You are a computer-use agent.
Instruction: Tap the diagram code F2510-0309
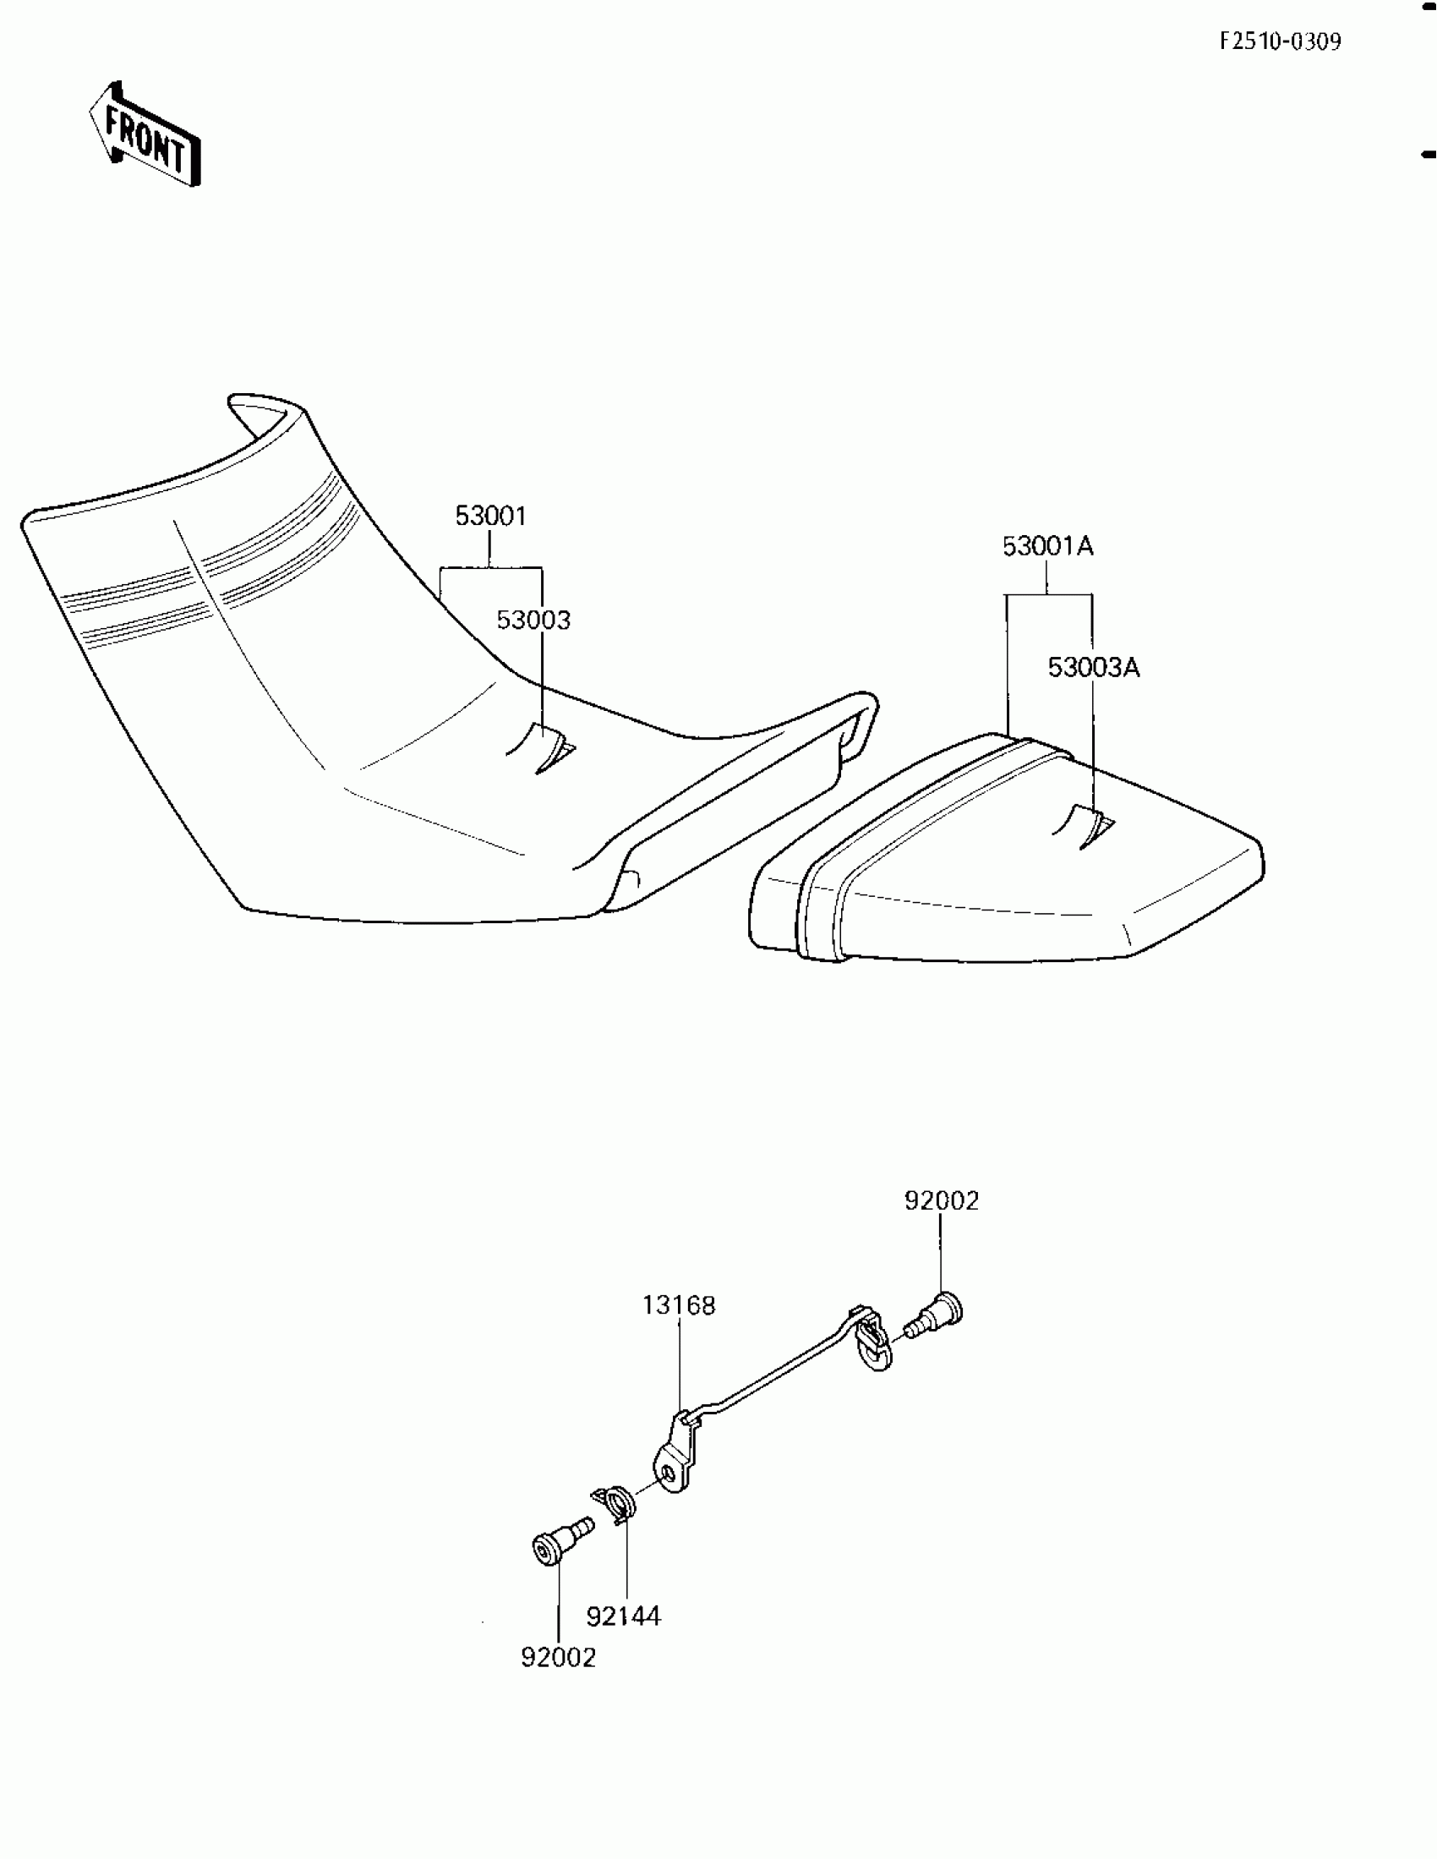click(x=1280, y=41)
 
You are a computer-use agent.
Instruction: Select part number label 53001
click(x=490, y=516)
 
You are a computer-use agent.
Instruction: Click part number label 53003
click(x=533, y=620)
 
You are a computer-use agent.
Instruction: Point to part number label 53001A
click(x=1047, y=545)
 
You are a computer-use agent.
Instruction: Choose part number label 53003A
click(x=1093, y=666)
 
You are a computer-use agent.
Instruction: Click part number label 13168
click(x=679, y=1305)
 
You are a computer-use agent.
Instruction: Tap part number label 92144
click(x=623, y=1616)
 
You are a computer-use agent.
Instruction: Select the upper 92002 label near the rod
click(x=942, y=1200)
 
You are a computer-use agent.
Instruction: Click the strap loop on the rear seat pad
click(x=1085, y=826)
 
